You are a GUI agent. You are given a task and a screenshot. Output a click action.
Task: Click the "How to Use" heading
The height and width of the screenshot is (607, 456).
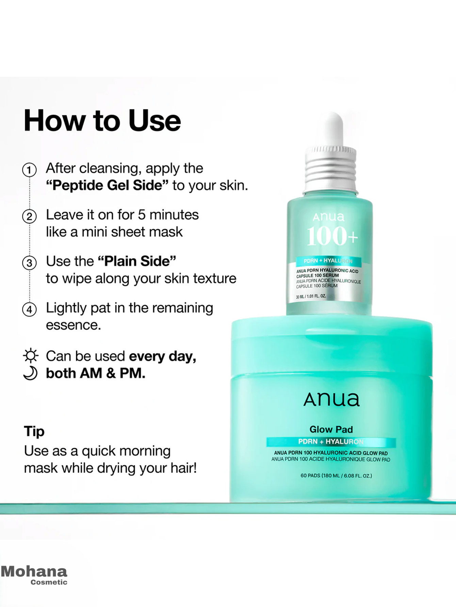102,121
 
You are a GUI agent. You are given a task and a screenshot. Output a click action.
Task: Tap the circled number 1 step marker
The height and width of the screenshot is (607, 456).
30,170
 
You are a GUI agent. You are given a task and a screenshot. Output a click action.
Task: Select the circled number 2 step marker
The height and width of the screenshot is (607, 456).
30,217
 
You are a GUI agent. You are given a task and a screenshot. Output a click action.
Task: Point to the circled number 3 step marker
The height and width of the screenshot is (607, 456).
30,263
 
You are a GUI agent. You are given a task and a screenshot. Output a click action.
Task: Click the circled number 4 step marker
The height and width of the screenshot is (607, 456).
30,310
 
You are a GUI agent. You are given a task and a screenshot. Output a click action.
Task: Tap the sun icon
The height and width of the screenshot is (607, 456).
31,356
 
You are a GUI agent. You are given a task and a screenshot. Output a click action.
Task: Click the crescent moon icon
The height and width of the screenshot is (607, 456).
30,373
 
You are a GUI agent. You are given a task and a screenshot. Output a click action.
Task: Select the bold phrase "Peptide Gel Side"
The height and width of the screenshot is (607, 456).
107,186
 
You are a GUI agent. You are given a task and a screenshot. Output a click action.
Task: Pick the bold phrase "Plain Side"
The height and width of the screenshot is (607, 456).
137,262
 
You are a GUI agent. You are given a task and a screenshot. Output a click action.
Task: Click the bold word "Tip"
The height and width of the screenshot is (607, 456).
34,432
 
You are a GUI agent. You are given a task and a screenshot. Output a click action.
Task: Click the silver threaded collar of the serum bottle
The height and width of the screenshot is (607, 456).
330,170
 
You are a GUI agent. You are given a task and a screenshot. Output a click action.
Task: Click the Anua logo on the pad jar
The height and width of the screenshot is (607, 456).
331,400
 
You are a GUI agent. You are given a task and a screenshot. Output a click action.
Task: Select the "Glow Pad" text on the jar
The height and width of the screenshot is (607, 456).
331,429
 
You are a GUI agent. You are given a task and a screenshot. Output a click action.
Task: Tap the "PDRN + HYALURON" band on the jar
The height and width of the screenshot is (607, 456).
331,442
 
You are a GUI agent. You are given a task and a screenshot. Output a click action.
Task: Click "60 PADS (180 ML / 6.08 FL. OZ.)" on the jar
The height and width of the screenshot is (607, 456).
336,475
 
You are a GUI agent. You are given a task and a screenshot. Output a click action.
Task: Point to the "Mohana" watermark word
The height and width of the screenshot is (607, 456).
34,571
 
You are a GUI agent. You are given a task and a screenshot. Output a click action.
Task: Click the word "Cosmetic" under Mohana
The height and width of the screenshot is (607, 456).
49,582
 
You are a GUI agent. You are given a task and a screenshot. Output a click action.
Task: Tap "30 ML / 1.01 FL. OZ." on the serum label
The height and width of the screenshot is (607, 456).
311,296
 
